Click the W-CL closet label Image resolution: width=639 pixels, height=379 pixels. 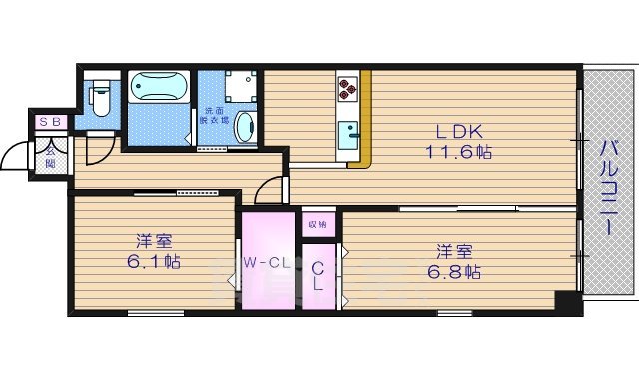(267, 264)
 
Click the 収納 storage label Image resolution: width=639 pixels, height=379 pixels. (319, 223)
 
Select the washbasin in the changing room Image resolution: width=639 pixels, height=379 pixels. (248, 126)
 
